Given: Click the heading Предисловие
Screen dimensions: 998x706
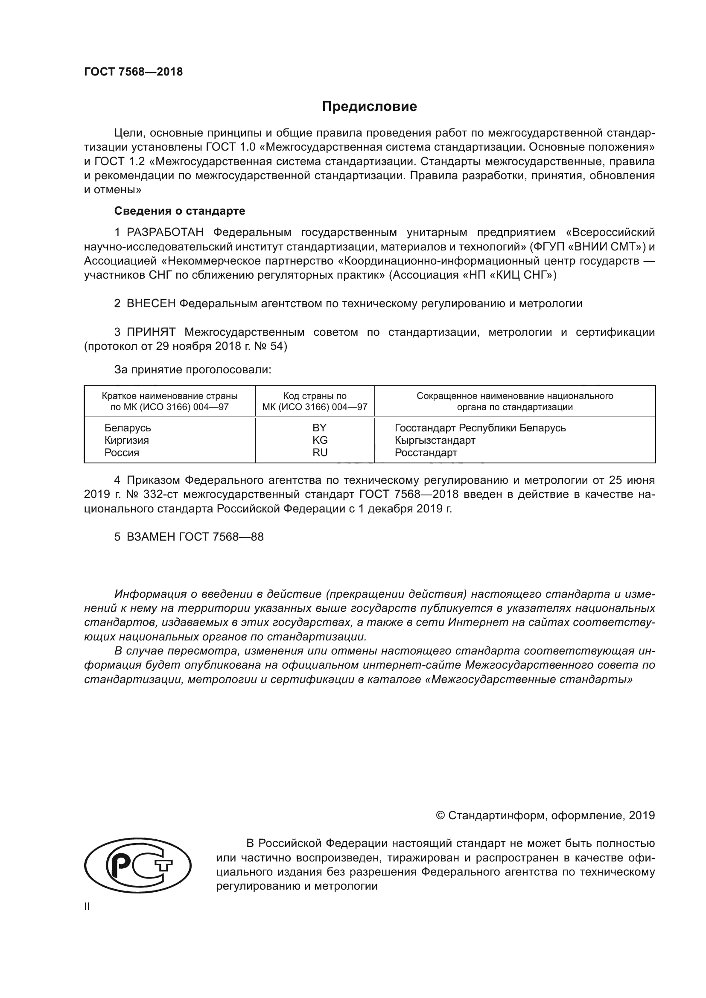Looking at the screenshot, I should click(369, 107).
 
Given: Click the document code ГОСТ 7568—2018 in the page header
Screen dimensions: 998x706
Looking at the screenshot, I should click(134, 72).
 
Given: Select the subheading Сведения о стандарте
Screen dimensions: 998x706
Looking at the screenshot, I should click(180, 211).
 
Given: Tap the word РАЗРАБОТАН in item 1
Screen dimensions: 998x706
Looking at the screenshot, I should click(165, 233).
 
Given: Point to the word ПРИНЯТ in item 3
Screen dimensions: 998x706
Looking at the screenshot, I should click(151, 332).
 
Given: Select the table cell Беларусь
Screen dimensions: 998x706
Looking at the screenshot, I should click(127, 428).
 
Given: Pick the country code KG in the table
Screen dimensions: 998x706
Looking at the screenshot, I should click(320, 440).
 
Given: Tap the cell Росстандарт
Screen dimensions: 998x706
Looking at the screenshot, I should click(426, 452).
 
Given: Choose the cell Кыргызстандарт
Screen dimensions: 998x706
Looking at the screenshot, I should click(435, 440).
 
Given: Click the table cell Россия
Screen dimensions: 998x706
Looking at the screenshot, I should click(122, 452).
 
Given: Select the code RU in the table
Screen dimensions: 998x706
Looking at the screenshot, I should click(320, 452).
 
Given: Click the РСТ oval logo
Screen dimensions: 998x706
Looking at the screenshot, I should click(138, 865).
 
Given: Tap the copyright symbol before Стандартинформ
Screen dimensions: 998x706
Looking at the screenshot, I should click(440, 815).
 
